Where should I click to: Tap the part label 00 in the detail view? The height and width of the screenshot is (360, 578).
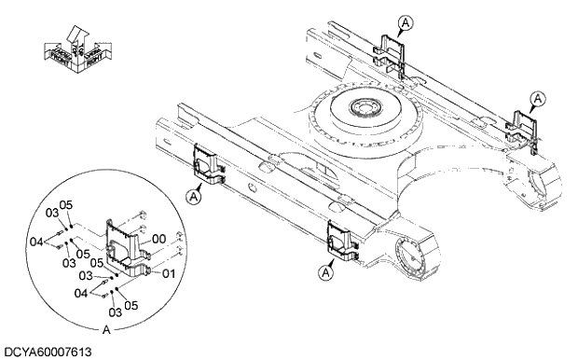pos(158,239)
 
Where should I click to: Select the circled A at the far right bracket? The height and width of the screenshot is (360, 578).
pos(537,97)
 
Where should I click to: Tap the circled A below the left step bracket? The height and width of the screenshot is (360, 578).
pos(193,196)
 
